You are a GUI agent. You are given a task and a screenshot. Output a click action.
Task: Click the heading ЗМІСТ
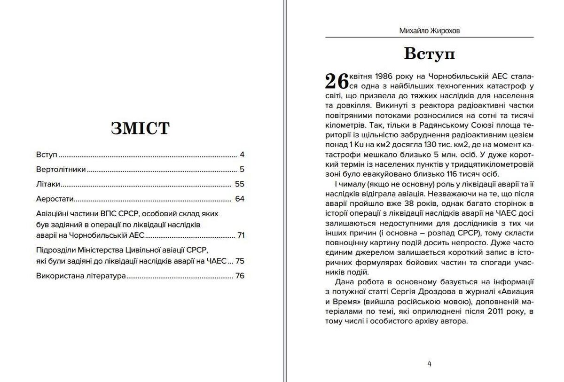[140, 128]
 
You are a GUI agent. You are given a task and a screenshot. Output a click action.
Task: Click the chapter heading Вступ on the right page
[429, 54]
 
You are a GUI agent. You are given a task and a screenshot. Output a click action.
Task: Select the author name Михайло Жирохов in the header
[429, 31]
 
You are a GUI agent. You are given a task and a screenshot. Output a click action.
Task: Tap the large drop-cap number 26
[337, 81]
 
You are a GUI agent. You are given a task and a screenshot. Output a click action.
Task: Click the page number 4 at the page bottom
[429, 363]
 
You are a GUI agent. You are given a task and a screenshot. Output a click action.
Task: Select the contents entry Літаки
[48, 184]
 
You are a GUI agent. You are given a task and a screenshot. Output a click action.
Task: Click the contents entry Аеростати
[55, 199]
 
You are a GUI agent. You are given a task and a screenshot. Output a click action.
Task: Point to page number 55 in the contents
[240, 184]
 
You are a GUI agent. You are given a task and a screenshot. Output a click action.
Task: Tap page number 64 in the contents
[240, 199]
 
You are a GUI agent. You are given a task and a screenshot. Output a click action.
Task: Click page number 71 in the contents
[241, 235]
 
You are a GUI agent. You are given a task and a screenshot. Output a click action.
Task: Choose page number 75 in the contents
[240, 261]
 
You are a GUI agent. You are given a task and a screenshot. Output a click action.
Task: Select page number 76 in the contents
[240, 276]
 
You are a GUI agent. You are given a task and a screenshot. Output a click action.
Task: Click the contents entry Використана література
[81, 276]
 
